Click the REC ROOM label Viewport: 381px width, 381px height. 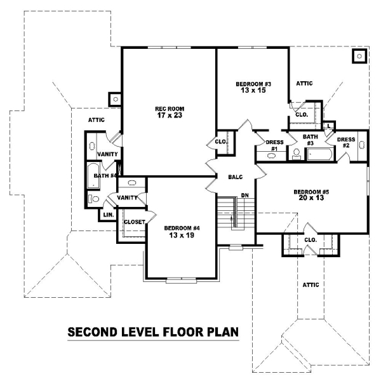(170, 109)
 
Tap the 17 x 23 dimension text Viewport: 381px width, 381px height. (170, 115)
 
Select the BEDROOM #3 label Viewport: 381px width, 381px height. (253, 84)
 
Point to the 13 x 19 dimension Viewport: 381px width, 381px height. (182, 235)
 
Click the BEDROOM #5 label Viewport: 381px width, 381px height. (311, 192)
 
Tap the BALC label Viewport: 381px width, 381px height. (236, 177)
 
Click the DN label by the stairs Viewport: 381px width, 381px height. (245, 195)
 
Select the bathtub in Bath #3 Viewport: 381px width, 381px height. (319, 154)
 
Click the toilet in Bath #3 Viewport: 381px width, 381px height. (296, 154)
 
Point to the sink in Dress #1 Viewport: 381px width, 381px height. (271, 156)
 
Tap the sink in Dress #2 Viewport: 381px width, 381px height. (362, 145)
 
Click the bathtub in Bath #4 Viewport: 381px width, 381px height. (93, 175)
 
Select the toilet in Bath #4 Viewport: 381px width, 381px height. (93, 199)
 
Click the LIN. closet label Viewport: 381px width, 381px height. (109, 215)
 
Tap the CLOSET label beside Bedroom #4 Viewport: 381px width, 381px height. (135, 222)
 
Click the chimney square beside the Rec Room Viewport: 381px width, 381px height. (115, 99)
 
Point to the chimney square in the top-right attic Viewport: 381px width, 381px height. (359, 56)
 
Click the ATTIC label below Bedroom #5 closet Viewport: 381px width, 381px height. (311, 284)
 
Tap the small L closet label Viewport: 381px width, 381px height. (329, 126)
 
